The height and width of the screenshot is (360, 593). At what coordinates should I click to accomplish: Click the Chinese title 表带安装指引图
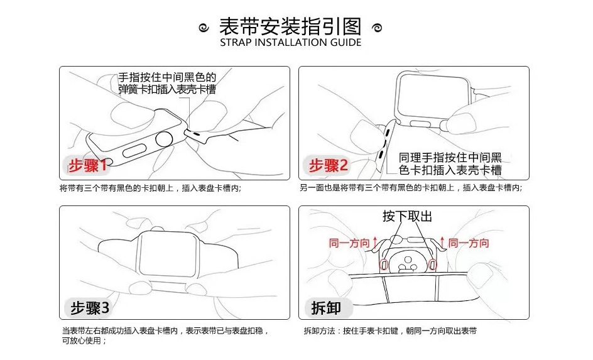coord(290,27)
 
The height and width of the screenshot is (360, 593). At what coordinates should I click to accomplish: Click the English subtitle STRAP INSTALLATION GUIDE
coord(290,42)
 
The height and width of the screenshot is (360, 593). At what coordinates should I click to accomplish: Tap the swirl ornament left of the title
coord(204,28)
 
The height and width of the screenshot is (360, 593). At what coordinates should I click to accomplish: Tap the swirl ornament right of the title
coord(377,28)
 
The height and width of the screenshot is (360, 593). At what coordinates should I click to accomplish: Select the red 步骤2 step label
coord(328,165)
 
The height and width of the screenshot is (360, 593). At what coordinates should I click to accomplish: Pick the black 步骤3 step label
coord(90,308)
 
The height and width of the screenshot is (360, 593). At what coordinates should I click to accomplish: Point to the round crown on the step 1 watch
coord(165,141)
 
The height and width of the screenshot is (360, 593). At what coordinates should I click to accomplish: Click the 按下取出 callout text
coord(407,216)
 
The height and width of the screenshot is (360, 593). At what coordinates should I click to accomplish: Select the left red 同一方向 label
coord(349,243)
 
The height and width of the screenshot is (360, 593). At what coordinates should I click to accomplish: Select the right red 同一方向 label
coord(469,243)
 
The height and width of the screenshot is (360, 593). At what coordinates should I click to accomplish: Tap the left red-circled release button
coord(384,265)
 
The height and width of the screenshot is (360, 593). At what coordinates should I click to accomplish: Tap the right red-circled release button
coord(432,265)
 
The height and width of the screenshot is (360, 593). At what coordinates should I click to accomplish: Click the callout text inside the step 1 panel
coord(167,83)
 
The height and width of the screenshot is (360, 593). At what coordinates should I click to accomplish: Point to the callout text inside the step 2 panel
coord(450,164)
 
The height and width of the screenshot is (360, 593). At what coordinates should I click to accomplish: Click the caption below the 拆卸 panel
coord(390,331)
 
